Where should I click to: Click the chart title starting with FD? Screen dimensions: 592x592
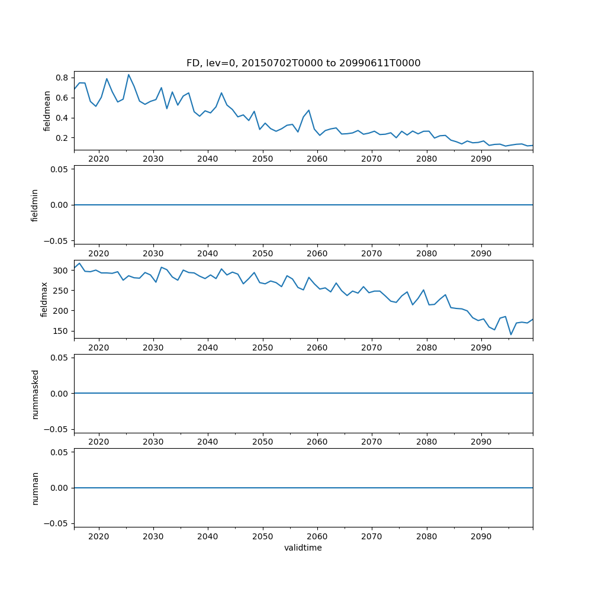(303, 63)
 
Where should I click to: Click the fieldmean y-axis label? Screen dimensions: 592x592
(48, 111)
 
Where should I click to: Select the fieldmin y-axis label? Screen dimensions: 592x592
(35, 205)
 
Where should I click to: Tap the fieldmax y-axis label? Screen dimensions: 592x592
(44, 299)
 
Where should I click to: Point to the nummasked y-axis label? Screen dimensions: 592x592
(35, 393)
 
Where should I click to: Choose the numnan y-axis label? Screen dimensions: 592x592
(35, 488)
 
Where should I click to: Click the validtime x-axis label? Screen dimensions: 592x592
(303, 548)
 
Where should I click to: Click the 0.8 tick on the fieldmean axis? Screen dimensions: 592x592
(62, 78)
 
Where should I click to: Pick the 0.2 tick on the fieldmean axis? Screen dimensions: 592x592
(62, 138)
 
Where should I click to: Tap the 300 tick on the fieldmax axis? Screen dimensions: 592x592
(62, 271)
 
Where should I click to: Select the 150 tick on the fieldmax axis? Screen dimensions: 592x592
(62, 331)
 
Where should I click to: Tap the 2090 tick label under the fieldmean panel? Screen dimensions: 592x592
(481, 159)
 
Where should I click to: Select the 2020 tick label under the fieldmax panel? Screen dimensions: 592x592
(98, 348)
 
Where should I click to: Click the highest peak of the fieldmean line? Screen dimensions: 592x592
(128, 75)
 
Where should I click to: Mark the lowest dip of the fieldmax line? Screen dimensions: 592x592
(511, 334)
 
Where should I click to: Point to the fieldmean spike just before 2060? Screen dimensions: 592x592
(308, 110)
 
